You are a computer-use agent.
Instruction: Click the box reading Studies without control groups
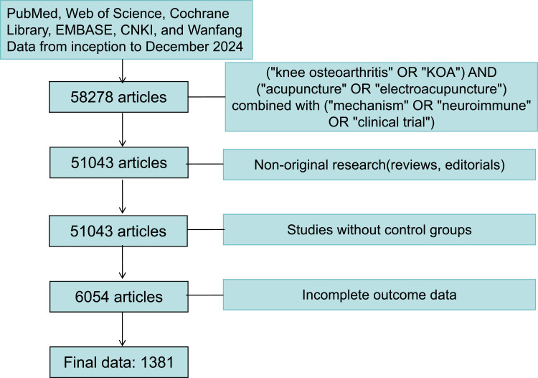[x=380, y=231]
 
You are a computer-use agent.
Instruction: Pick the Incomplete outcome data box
[x=380, y=296]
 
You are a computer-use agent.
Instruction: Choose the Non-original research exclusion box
[x=380, y=164]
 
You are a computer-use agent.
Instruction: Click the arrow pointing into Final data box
[x=123, y=333]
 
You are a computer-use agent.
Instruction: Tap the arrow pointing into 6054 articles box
[x=123, y=266]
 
